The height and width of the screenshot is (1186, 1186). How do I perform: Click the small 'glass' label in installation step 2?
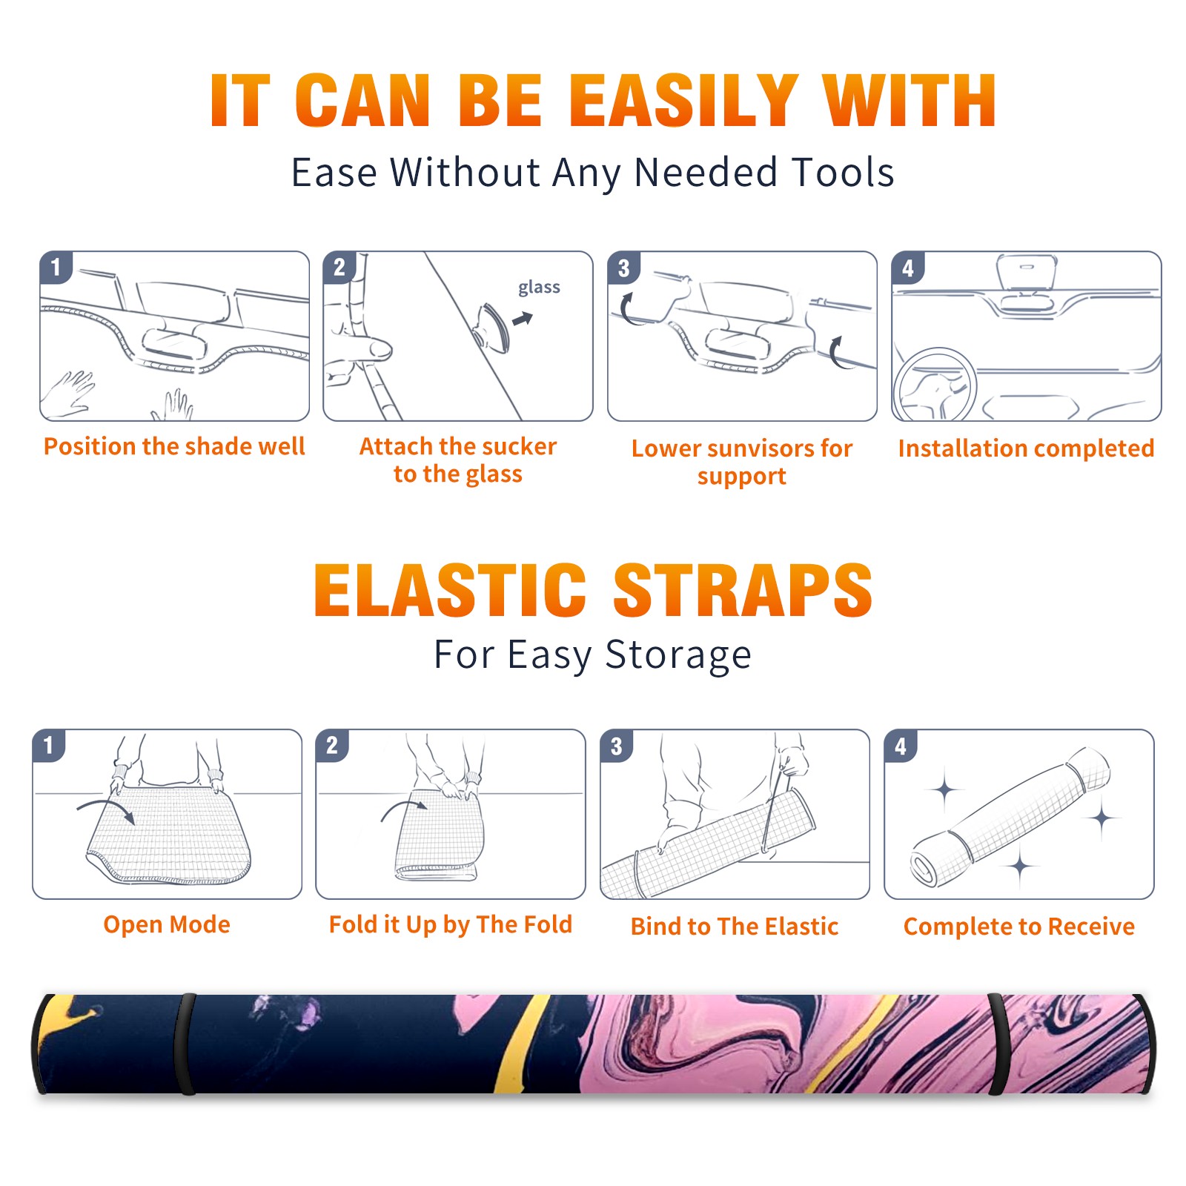coord(539,288)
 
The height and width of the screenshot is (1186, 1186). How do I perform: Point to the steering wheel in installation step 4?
coord(935,385)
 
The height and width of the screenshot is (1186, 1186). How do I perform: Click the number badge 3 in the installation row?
coord(623,268)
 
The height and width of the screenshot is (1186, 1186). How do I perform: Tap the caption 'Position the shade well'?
coord(174,446)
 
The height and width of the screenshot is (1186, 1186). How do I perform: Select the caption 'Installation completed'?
coord(1026,448)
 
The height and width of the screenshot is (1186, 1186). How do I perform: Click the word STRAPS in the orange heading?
coord(743,590)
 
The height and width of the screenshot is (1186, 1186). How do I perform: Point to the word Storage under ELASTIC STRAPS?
coord(678,655)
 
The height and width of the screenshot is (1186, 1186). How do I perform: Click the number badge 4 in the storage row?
coord(901,746)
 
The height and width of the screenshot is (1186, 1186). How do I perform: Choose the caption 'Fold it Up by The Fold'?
coord(451,925)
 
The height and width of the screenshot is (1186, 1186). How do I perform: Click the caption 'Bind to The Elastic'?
coord(735,927)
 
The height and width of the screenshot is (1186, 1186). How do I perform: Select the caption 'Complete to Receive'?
coord(1019,927)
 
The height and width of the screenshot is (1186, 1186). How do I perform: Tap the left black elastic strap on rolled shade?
coord(185,1044)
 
